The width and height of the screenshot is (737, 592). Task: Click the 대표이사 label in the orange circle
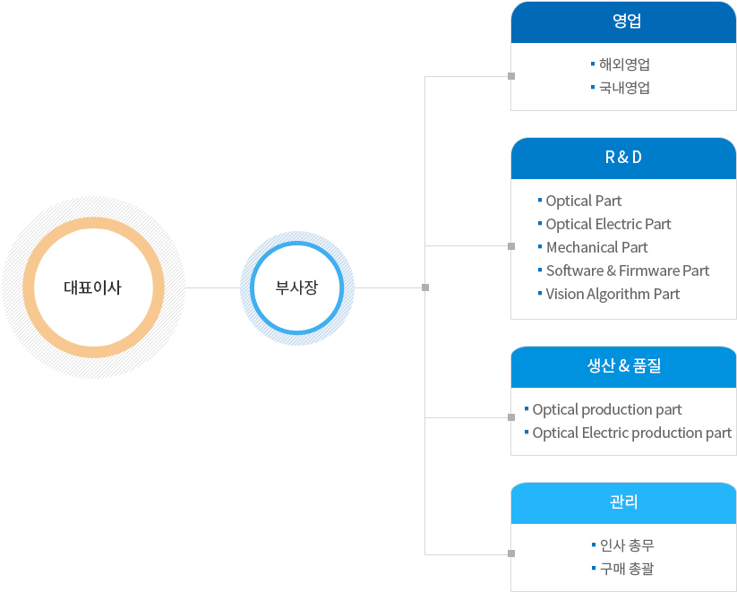(92, 287)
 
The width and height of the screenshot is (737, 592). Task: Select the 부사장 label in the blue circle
(296, 287)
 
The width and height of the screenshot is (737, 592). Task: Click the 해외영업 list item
(624, 64)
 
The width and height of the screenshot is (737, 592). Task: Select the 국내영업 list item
(624, 88)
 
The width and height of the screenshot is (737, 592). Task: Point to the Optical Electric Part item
(608, 224)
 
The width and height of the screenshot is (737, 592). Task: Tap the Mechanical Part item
(597, 247)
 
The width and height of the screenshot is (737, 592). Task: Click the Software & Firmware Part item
(628, 270)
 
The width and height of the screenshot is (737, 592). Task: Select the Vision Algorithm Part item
(613, 295)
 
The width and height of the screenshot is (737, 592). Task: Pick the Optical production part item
(607, 409)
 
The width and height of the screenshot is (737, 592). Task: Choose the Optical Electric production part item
(631, 433)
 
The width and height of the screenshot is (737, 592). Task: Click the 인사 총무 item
(627, 545)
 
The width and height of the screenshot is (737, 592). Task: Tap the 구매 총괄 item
(627, 569)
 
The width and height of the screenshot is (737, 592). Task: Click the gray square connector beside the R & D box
(511, 246)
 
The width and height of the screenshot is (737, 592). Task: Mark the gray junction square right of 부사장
(425, 287)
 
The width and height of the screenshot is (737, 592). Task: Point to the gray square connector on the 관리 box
(511, 553)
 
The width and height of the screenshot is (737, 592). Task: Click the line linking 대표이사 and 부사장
(213, 287)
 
